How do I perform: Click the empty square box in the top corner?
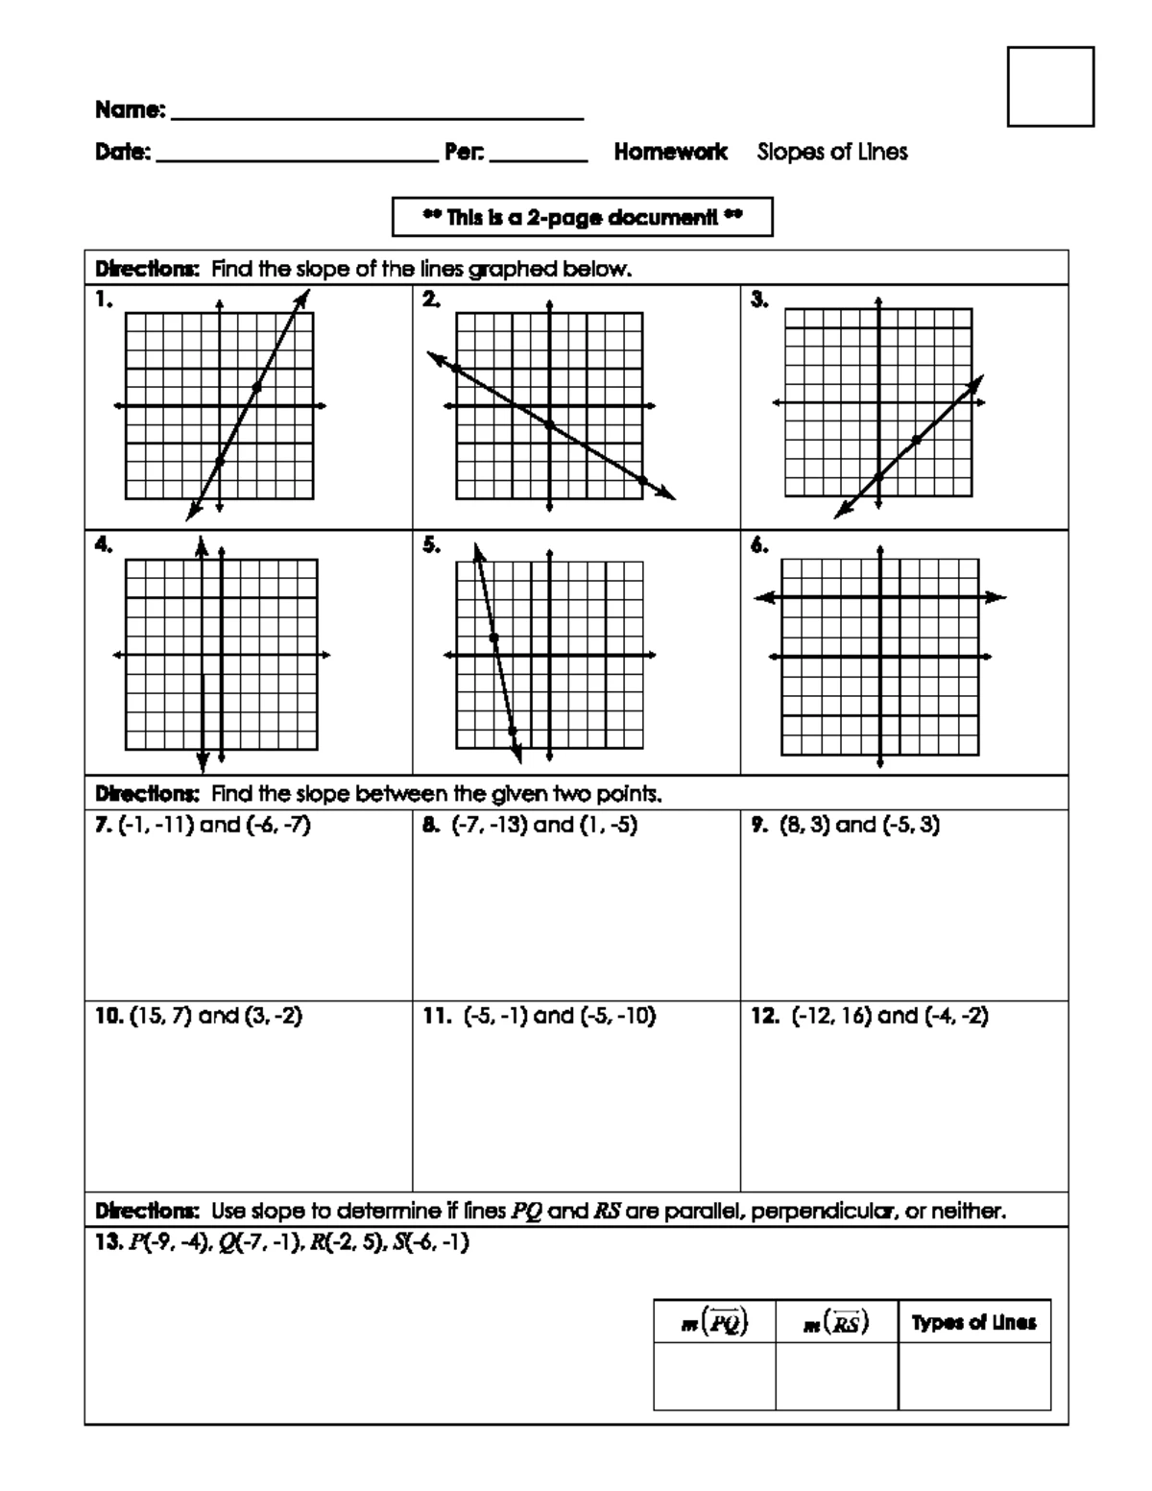(x=1050, y=86)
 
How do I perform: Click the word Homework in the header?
(x=671, y=152)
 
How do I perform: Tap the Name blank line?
(x=376, y=113)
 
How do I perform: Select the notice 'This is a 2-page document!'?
(x=583, y=217)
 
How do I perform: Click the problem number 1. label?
(x=104, y=301)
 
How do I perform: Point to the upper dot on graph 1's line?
(x=256, y=387)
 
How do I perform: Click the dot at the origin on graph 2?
(x=549, y=424)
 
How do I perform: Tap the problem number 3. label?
(x=759, y=301)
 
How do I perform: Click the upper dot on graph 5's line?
(x=492, y=637)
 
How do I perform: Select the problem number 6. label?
(x=759, y=545)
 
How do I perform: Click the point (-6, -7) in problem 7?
(x=278, y=825)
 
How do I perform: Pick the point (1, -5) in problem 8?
(x=609, y=825)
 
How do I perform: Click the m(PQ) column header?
(x=714, y=1323)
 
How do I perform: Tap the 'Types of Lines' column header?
(x=973, y=1323)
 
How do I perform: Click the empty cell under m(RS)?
(x=836, y=1376)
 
